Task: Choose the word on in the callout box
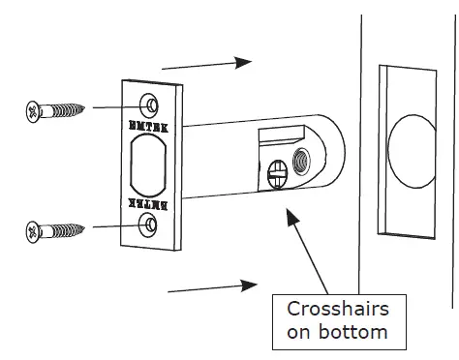(302, 334)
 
